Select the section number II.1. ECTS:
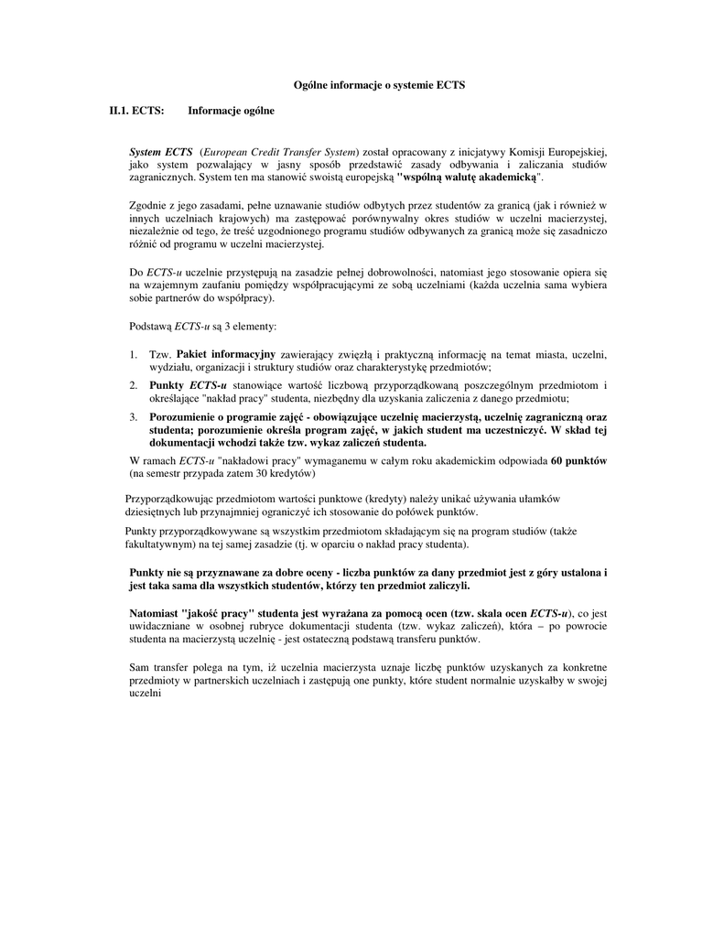pos(137,111)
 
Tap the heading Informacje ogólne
pos(231,111)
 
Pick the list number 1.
pos(133,354)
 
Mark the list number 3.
pos(133,417)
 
